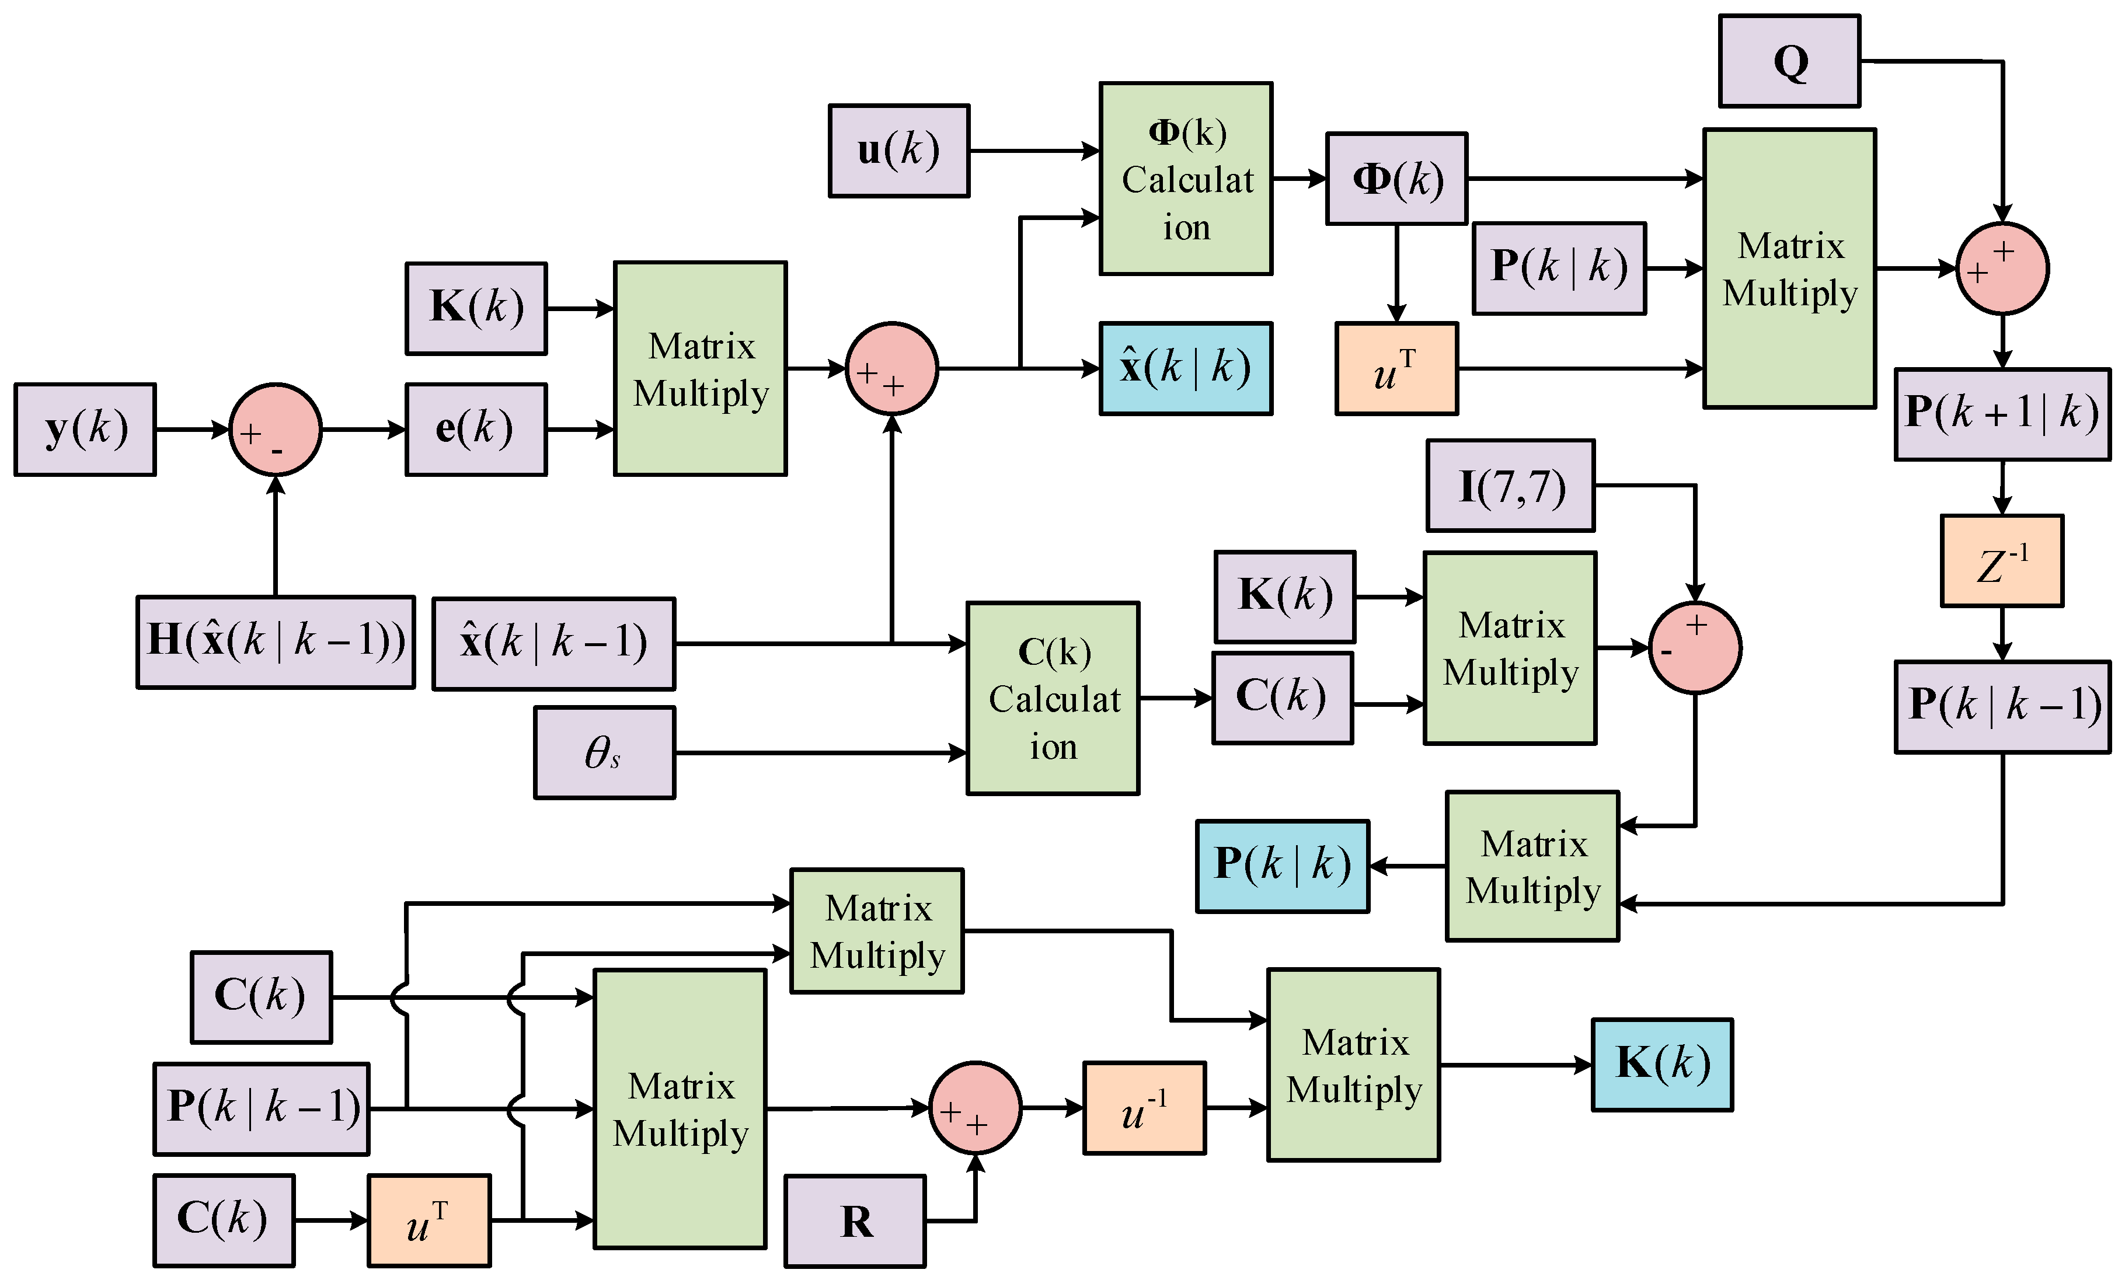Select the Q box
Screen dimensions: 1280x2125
pyautogui.click(x=1789, y=61)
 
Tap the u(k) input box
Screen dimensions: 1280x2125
pyautogui.click(x=898, y=151)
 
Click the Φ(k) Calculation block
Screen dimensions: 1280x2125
pyautogui.click(x=1185, y=179)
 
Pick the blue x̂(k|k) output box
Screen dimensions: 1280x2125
pyautogui.click(x=1185, y=368)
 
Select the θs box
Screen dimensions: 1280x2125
pyautogui.click(x=604, y=752)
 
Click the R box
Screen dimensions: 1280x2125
pyautogui.click(x=855, y=1220)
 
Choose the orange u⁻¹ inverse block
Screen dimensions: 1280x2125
pyautogui.click(x=1144, y=1107)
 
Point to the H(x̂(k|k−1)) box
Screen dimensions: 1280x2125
pyautogui.click(x=275, y=641)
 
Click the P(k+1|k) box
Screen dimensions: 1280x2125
pyautogui.click(x=2002, y=414)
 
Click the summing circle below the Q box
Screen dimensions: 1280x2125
pyautogui.click(x=2002, y=268)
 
